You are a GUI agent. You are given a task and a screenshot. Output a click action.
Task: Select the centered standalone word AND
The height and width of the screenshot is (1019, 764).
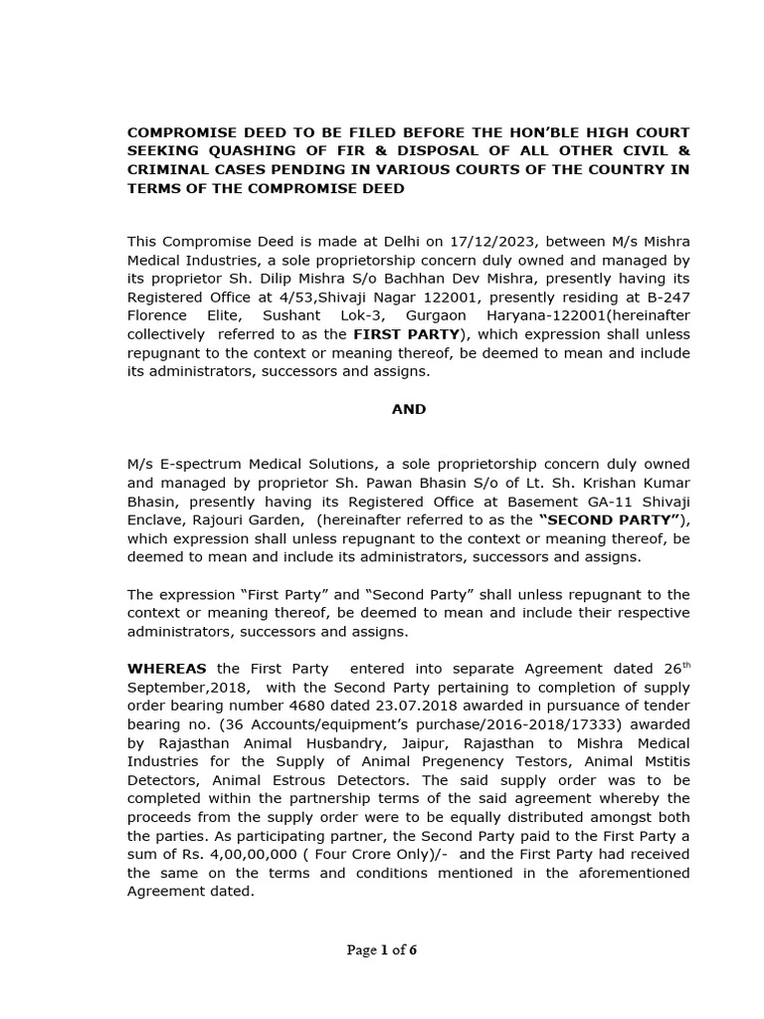point(409,409)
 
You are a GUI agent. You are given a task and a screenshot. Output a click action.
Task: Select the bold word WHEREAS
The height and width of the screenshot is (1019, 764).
point(166,669)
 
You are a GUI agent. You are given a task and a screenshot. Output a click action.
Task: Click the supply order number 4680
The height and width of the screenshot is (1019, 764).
point(275,706)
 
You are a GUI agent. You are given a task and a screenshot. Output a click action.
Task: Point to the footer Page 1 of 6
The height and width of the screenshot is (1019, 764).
point(382,950)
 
